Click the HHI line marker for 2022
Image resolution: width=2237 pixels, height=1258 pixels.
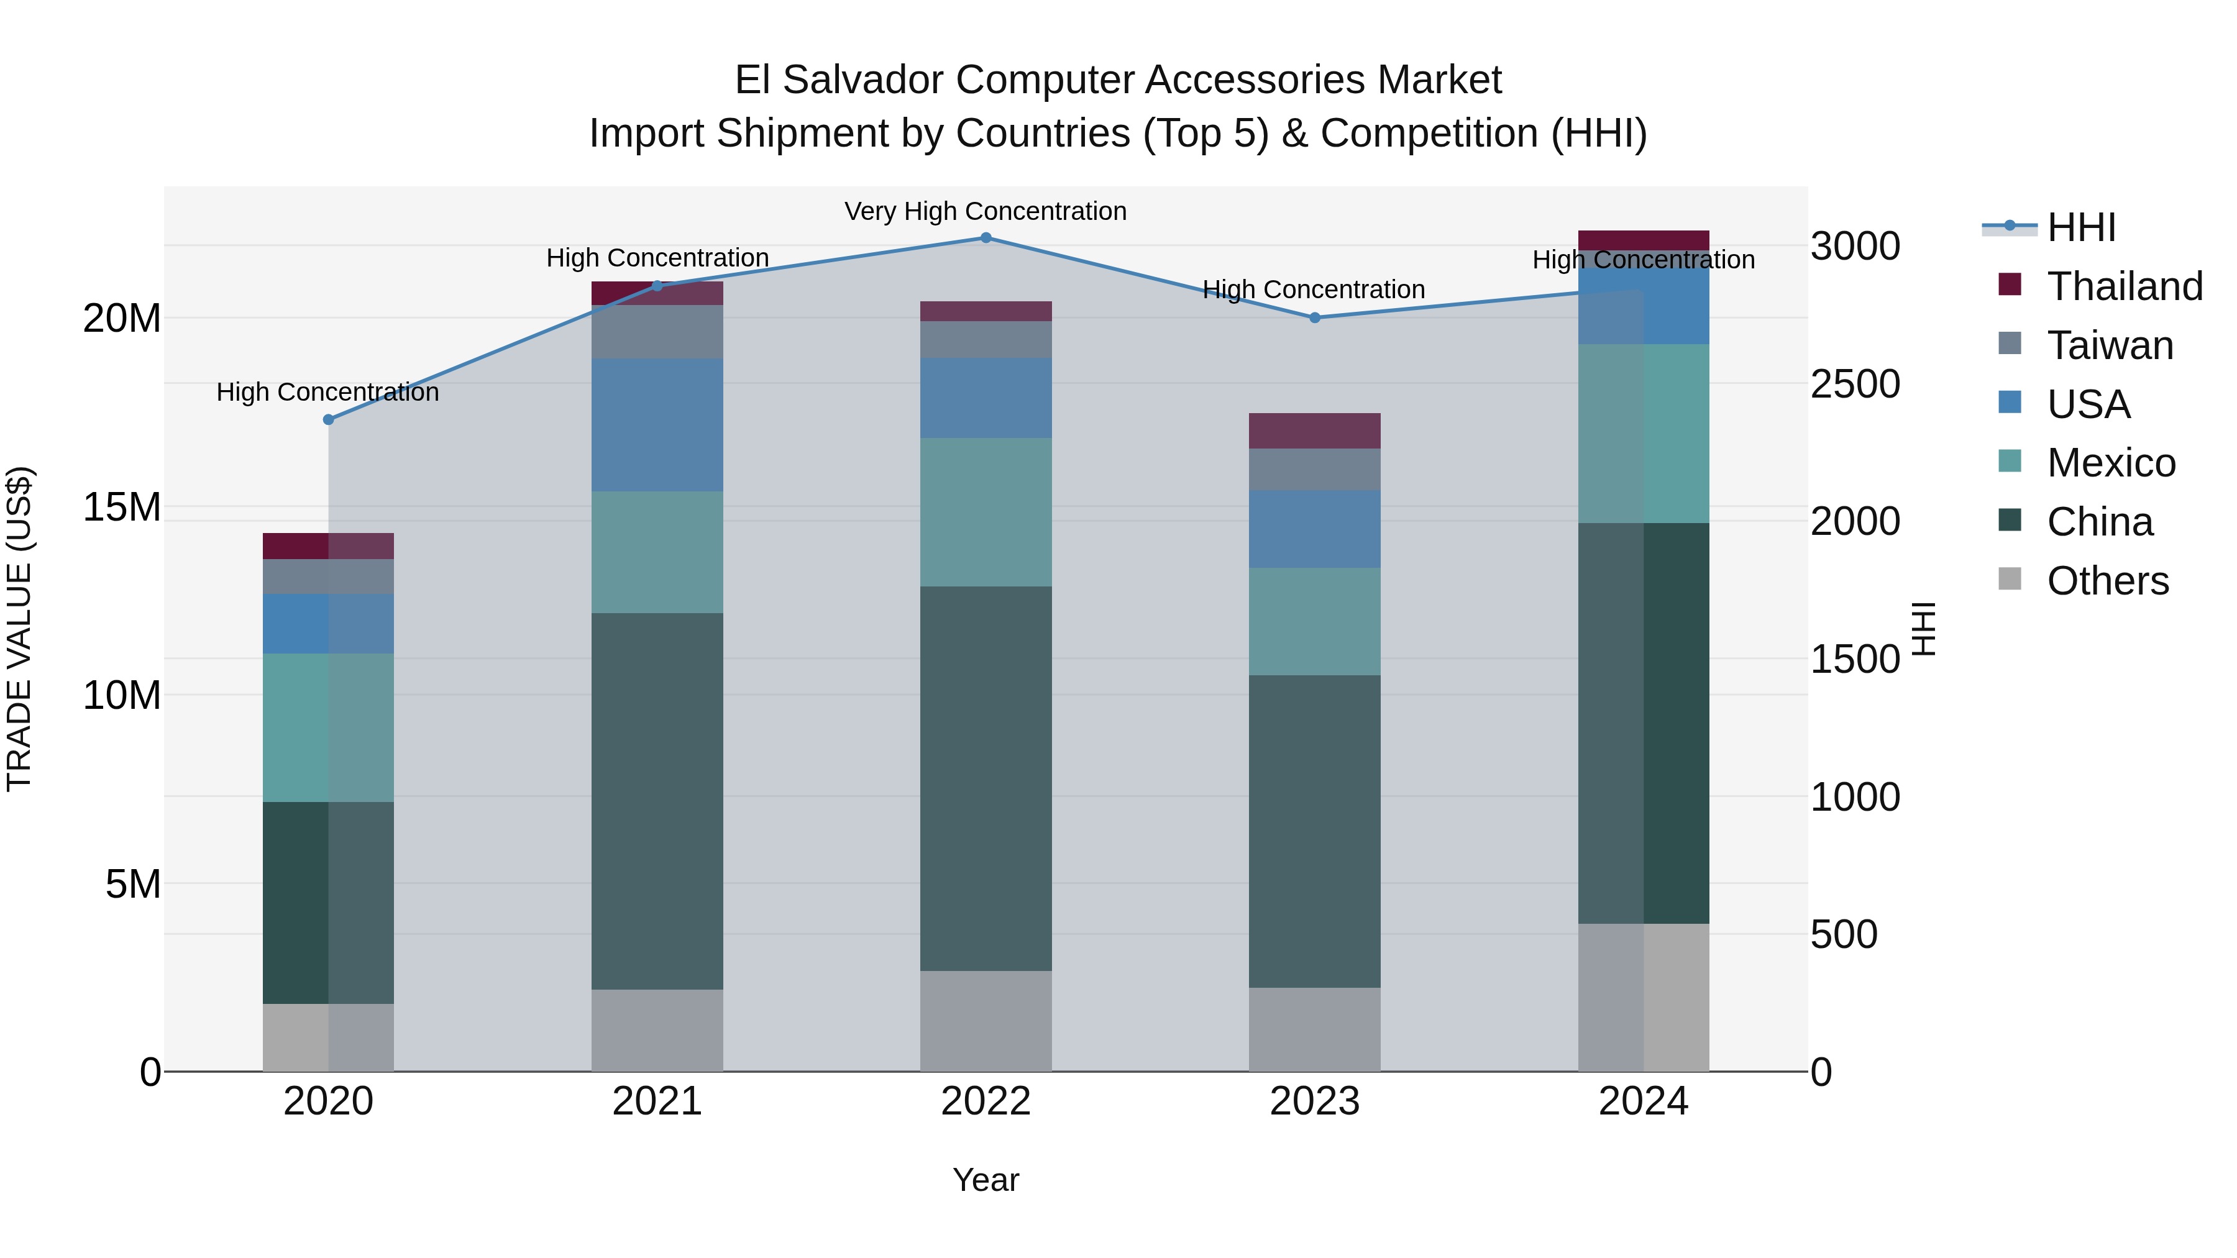click(986, 237)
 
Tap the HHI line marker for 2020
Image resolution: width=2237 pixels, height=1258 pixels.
click(328, 419)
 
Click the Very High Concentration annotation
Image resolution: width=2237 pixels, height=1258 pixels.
click(986, 211)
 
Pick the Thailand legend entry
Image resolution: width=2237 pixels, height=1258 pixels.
click(2124, 286)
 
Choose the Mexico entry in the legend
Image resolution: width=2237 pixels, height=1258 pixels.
click(2110, 463)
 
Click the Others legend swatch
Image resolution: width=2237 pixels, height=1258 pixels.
click(2010, 579)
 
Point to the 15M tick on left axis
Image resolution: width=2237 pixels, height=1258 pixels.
click(122, 506)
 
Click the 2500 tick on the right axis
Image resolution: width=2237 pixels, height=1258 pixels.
click(1855, 384)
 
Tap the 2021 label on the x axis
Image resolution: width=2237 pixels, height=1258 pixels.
click(657, 1101)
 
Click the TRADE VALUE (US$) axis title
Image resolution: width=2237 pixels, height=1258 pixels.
click(19, 629)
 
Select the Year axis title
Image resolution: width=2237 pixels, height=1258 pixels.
click(986, 1180)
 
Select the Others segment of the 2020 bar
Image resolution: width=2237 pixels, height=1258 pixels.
click(328, 1037)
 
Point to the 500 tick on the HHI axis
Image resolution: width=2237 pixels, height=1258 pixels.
click(1844, 934)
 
